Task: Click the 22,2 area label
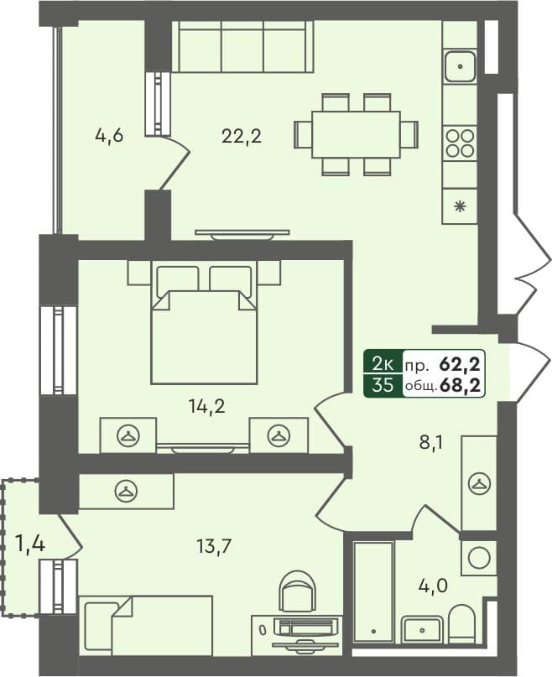[242, 135]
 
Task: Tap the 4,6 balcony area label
[109, 135]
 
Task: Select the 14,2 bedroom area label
[207, 407]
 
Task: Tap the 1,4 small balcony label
[29, 544]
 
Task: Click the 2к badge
[383, 364]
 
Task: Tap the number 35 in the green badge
[383, 385]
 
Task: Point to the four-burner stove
[459, 143]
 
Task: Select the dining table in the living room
[356, 134]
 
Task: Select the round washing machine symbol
[479, 557]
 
